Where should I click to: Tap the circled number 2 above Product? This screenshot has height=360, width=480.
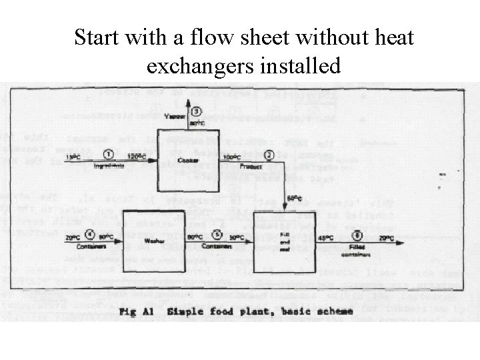(x=269, y=155)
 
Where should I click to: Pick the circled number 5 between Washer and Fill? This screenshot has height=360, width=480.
(x=216, y=235)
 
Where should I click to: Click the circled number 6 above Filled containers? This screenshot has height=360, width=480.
(x=357, y=235)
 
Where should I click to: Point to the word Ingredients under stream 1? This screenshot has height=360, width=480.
(x=109, y=166)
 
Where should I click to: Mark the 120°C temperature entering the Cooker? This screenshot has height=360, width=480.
(x=136, y=157)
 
